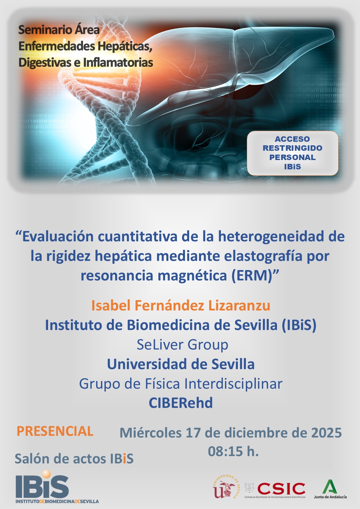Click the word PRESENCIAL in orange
[x=55, y=431]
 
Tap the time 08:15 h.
[x=233, y=451]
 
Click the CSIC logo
[x=281, y=489]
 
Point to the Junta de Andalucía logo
[x=330, y=489]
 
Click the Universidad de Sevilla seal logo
[x=226, y=487]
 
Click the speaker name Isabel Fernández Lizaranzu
[x=180, y=305]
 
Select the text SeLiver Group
[x=182, y=345]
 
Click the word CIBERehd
[x=181, y=403]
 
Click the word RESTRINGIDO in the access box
[x=292, y=148]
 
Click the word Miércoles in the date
[x=150, y=433]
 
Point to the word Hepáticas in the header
[x=125, y=46]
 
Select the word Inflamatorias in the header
[x=118, y=62]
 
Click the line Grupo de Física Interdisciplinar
[x=181, y=384]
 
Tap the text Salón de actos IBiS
[x=74, y=459]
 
